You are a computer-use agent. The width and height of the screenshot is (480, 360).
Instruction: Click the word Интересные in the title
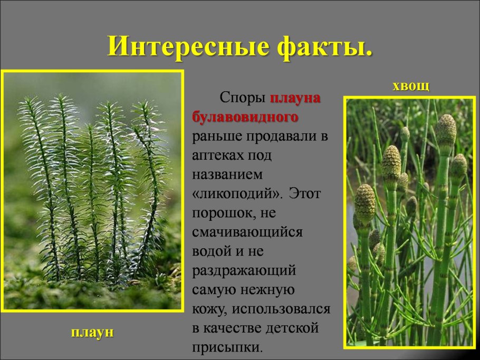[x=189, y=46]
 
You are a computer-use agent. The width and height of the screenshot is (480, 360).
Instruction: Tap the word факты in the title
[x=321, y=47]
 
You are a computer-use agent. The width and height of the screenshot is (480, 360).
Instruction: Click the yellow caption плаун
[x=92, y=332]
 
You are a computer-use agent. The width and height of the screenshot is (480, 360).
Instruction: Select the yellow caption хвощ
[x=411, y=86]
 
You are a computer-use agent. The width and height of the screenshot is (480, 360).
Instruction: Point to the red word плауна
[x=295, y=98]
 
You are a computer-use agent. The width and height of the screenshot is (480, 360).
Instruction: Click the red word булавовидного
[x=245, y=117]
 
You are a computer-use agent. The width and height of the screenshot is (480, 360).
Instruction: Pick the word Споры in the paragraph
[x=243, y=98]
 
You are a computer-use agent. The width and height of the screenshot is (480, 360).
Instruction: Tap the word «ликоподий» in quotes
[x=236, y=193]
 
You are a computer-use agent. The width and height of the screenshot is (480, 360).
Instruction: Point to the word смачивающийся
[x=247, y=232]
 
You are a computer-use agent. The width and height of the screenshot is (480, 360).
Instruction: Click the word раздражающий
[x=244, y=270]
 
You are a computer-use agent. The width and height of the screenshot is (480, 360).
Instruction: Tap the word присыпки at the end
[x=227, y=347]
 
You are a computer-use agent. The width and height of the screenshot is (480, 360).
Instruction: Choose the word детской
[x=292, y=328]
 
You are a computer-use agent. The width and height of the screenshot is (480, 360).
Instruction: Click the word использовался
[x=281, y=309]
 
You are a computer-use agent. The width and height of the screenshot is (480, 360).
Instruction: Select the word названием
[x=227, y=174]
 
